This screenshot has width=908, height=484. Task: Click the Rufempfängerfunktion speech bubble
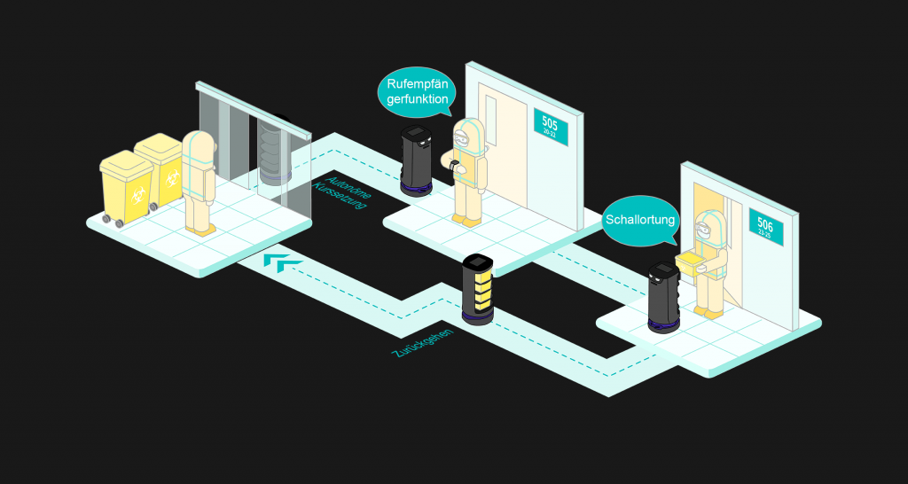[417, 92]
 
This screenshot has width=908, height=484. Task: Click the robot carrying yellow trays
[478, 289]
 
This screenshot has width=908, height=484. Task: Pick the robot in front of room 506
[663, 296]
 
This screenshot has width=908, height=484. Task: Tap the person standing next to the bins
[199, 183]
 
